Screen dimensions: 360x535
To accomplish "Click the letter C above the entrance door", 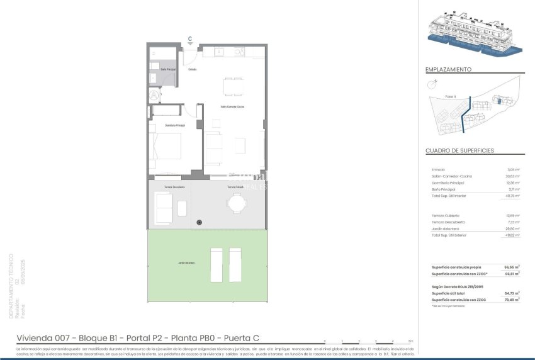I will pos(190,38).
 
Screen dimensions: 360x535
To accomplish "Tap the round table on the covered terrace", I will pos(237,203).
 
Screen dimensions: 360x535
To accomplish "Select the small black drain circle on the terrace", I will pos(199,222).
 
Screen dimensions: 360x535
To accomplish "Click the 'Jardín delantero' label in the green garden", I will pos(186,262).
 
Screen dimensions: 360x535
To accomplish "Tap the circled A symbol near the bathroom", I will pos(153,95).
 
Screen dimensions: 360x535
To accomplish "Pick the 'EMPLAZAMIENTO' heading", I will pos(448,70).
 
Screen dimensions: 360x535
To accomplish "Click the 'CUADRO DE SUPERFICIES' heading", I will pos(459,151).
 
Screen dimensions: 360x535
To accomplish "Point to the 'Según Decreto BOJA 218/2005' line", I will pos(458,286).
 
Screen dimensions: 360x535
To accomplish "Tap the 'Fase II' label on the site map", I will pos(450,96).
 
